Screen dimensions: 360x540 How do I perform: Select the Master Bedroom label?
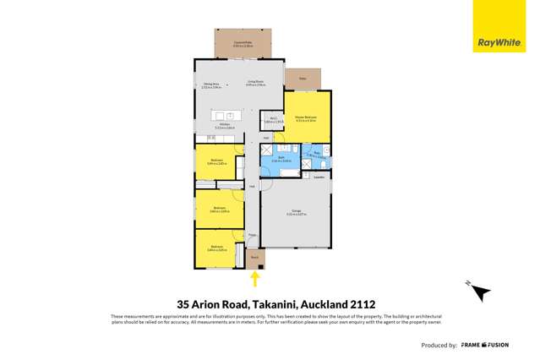[307, 119]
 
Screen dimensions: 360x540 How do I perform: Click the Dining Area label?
[211, 85]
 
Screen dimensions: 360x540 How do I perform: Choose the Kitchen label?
[224, 125]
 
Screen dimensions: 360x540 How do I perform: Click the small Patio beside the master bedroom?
[300, 78]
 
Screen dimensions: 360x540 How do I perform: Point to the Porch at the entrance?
[254, 257]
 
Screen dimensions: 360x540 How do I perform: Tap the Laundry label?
[319, 177]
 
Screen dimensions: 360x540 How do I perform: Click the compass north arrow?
[479, 292]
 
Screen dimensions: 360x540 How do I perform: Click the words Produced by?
[440, 345]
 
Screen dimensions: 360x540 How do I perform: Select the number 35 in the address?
[183, 303]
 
